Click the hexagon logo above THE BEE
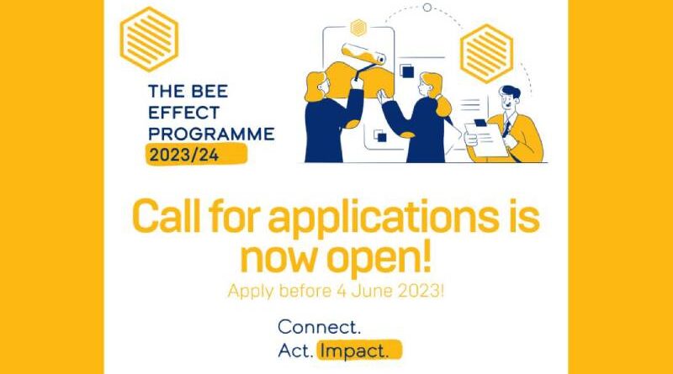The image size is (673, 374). [x=150, y=40]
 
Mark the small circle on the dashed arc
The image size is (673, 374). [x=427, y=8]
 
